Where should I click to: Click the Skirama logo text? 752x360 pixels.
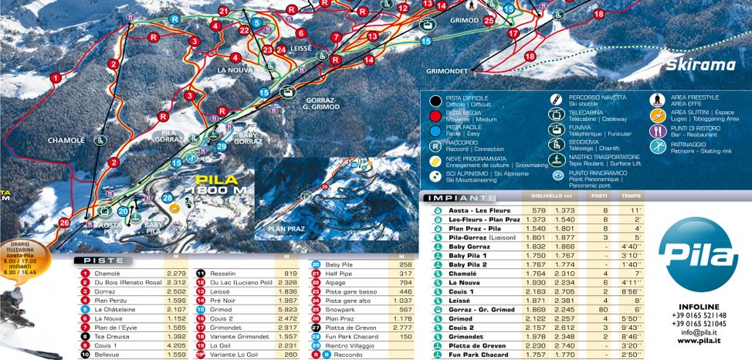[700, 66]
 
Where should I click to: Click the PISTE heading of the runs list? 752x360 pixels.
[103, 260]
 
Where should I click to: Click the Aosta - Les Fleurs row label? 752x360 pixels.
[479, 210]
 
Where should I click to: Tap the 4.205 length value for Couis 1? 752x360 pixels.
[177, 346]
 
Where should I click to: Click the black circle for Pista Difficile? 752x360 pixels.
[436, 100]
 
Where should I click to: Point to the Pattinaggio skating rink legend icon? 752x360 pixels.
[657, 144]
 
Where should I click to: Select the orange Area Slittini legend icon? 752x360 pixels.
[657, 116]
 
